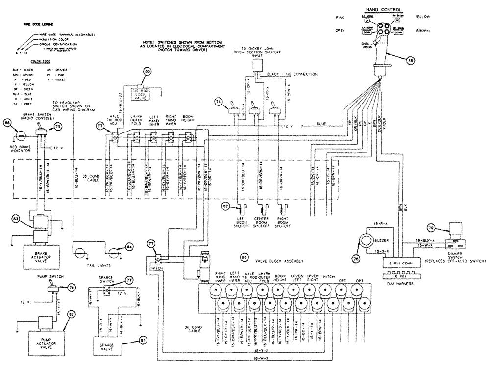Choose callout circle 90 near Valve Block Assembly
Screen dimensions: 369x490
coord(244,257)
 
